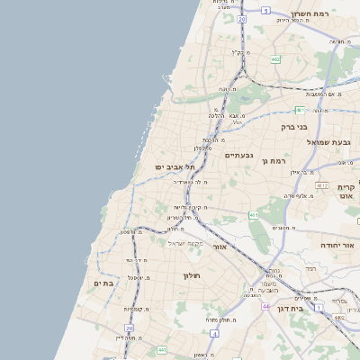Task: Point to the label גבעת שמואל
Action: click(332, 142)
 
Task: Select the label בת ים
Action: click(103, 283)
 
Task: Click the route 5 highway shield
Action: click(266, 10)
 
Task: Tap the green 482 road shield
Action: click(274, 60)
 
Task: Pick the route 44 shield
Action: click(266, 307)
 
